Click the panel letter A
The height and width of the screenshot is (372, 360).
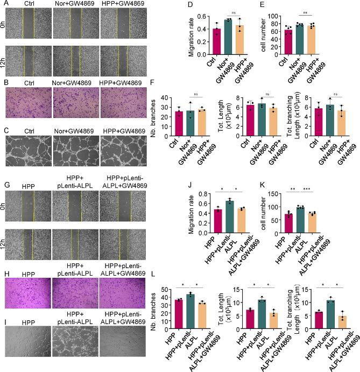click(5, 5)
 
